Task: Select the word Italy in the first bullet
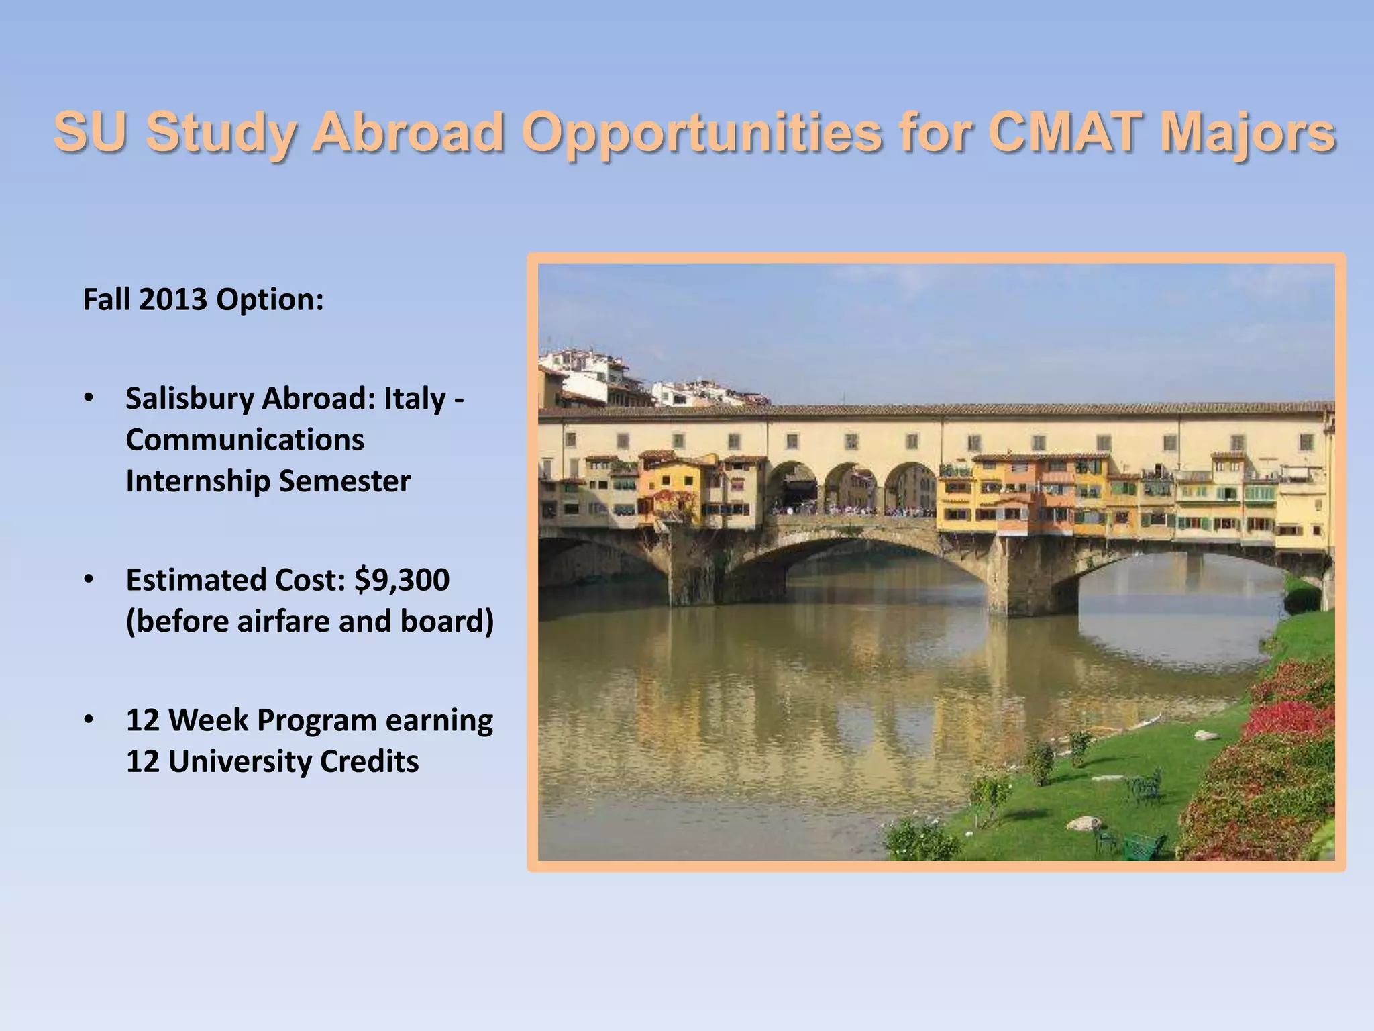click(x=414, y=399)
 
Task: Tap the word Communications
click(x=245, y=440)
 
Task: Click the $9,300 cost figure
click(x=402, y=580)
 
